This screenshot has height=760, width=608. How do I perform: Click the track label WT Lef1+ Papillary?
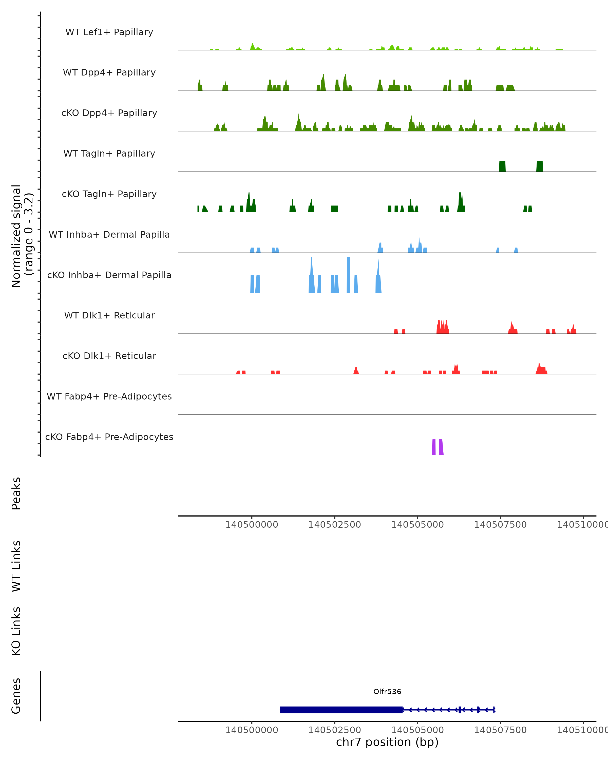[109, 32]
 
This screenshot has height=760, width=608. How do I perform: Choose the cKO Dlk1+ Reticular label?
[109, 356]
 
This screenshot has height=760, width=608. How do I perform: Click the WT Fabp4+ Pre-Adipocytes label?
[109, 396]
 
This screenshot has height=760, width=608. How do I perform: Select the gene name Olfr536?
[387, 692]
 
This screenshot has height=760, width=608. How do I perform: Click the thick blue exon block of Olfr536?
[341, 710]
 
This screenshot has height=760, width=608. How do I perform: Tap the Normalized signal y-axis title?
[22, 236]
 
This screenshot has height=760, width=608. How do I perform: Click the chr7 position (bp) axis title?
[387, 742]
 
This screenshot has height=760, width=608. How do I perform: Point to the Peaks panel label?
[16, 493]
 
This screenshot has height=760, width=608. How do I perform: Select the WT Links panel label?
[16, 566]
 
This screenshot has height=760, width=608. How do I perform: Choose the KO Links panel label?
[16, 631]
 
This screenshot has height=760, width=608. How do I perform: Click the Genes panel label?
[16, 696]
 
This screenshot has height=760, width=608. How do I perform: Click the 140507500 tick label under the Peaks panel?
[500, 525]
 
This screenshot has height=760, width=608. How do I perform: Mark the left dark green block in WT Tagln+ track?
[502, 166]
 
